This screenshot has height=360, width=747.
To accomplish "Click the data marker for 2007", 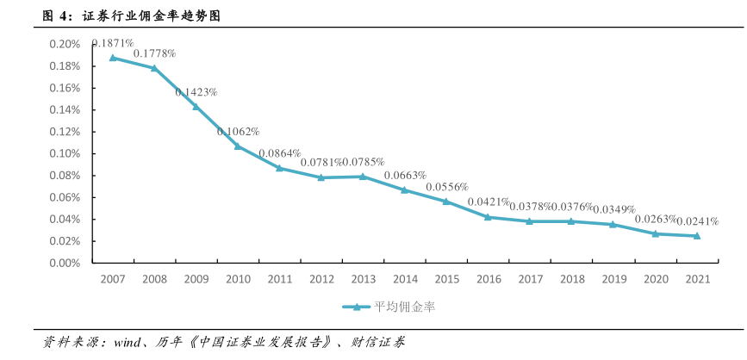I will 112,58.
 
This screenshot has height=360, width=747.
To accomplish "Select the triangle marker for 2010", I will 238,146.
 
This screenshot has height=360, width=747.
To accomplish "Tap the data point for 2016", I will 488,217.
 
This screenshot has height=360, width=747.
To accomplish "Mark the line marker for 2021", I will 697,236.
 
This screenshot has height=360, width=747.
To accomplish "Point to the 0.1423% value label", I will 196,91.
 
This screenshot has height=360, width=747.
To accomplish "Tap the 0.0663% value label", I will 405,175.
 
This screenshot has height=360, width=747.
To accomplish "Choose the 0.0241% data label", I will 697,220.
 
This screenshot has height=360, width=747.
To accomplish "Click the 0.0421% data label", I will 489,202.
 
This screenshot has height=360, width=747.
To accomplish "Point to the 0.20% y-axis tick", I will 65,44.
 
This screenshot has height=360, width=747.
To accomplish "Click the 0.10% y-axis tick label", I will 65,153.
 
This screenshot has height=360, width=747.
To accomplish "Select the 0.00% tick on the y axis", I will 65,263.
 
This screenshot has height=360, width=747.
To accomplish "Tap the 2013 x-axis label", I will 363,280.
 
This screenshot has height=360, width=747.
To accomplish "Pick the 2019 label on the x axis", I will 613,280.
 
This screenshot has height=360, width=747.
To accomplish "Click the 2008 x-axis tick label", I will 154,280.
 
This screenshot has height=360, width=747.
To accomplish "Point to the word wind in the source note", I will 127,342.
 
